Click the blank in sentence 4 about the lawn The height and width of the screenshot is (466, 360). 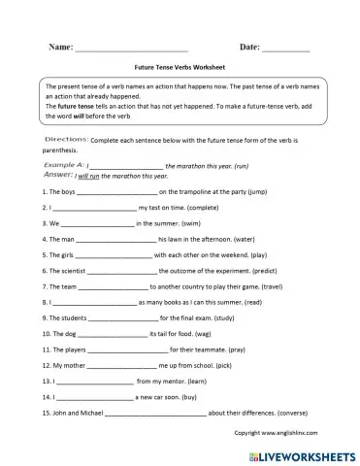coord(113,238)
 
